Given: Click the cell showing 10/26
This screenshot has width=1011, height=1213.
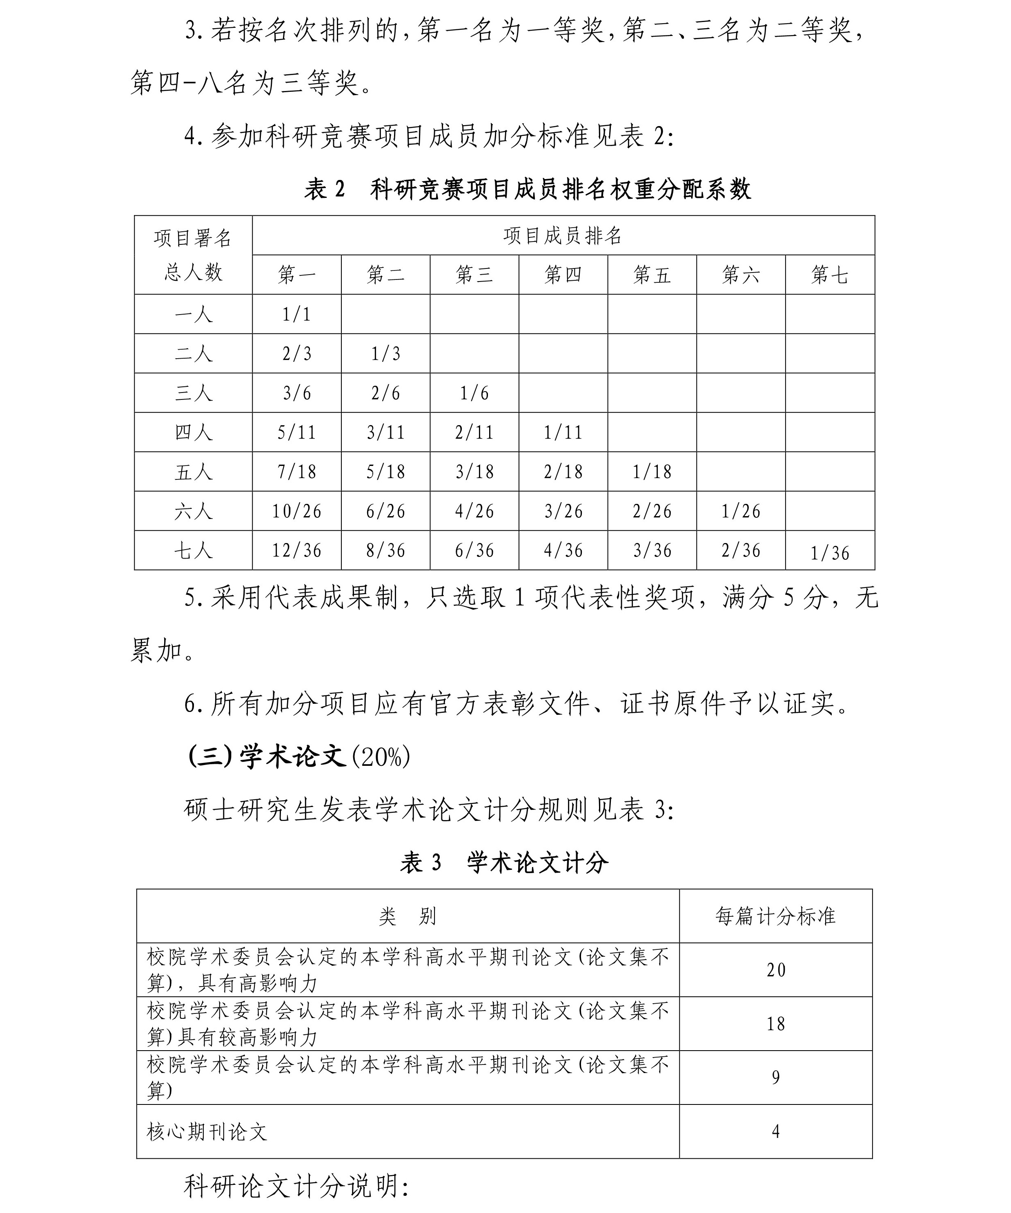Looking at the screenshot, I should pos(296,511).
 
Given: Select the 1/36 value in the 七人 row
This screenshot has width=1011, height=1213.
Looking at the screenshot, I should pos(829,553).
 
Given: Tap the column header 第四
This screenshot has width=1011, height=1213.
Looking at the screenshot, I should pos(563,275).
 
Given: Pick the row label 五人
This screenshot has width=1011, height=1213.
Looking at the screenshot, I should pos(193,472).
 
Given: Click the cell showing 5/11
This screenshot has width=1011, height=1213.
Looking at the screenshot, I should pos(296,432).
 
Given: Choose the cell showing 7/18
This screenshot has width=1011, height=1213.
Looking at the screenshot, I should pos(296,472).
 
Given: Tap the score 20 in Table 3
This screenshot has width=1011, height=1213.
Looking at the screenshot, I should pos(776,970).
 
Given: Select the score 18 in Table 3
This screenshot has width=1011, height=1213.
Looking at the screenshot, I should pos(776,1024).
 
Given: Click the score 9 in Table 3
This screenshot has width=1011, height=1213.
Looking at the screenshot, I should pos(776,1077).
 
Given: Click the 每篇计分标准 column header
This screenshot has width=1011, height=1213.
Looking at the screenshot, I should pos(776,916).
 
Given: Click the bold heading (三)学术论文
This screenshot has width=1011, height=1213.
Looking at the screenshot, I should pos(267,756).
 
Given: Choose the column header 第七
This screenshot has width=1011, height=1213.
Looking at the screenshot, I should pos(829,275).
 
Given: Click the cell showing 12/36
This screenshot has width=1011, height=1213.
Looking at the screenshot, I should pos(296,550).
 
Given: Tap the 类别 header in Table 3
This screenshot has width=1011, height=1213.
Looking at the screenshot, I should pos(408,916).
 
